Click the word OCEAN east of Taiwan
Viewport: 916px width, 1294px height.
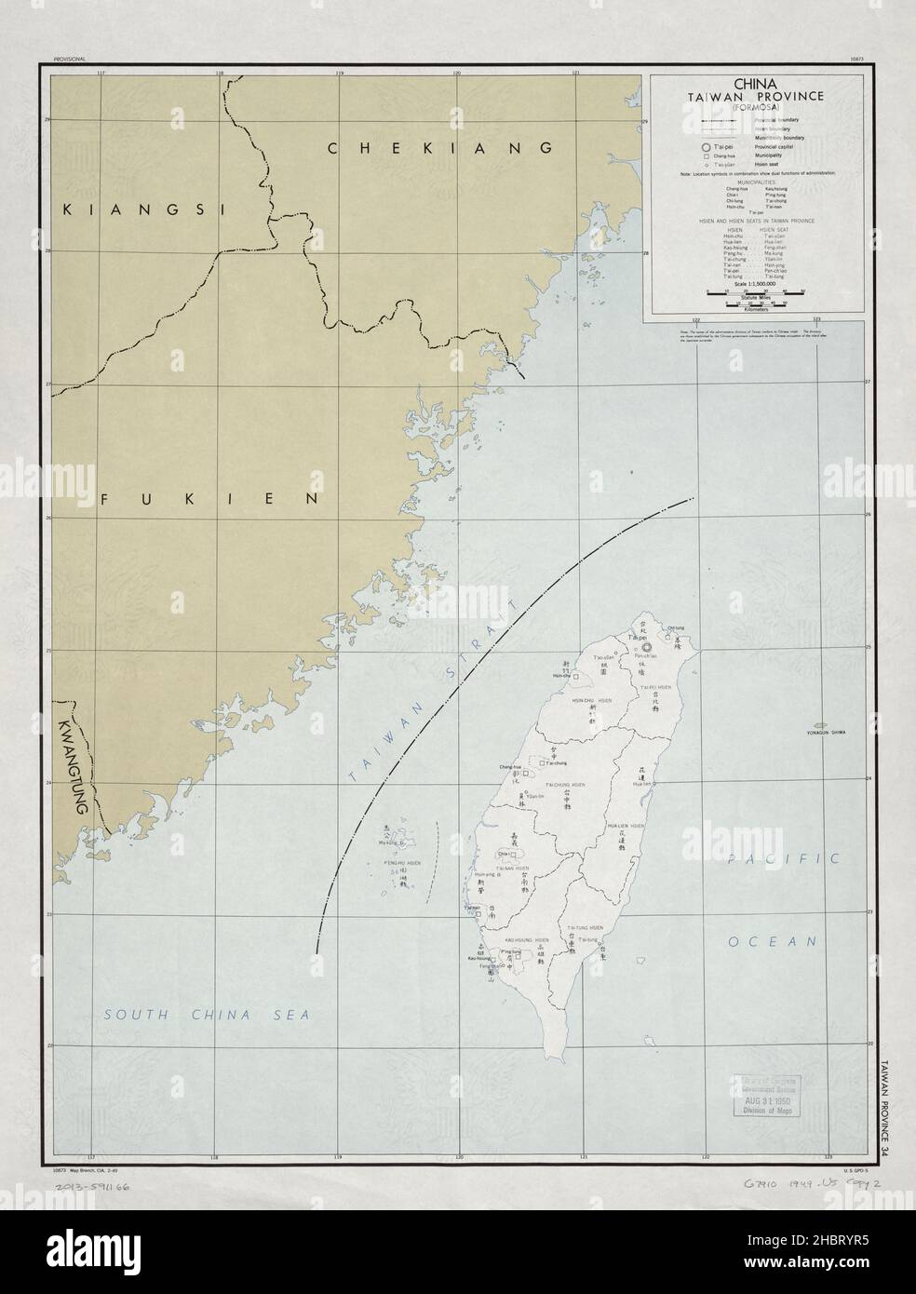click(773, 942)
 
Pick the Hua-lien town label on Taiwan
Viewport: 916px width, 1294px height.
click(640, 785)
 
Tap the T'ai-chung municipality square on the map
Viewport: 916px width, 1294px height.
click(527, 772)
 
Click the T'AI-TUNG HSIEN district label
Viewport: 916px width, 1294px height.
click(586, 929)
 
